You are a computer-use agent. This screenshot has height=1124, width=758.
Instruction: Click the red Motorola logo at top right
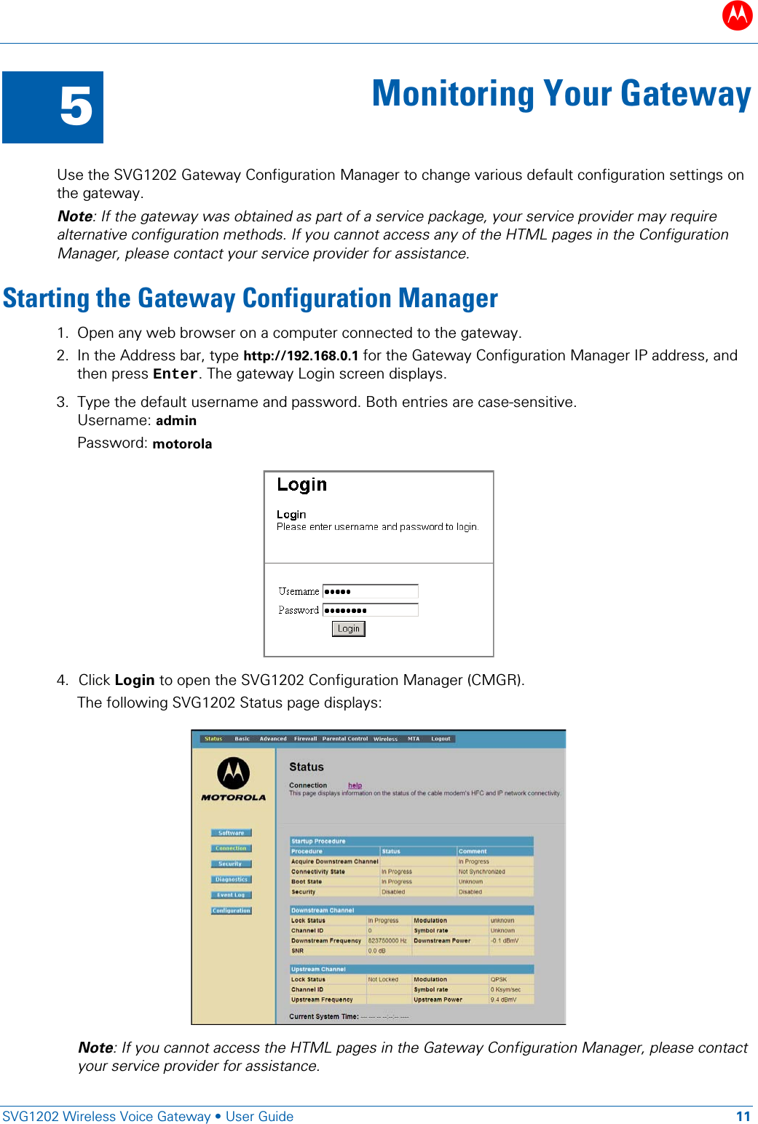[737, 15]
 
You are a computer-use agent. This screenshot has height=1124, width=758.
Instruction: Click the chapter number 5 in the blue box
[76, 107]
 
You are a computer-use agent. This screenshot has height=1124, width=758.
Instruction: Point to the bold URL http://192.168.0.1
[300, 356]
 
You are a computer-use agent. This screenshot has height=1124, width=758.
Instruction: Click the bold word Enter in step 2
[175, 374]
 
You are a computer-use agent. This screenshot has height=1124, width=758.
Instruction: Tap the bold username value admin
[176, 421]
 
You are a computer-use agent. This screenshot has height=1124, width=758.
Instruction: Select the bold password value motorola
[182, 444]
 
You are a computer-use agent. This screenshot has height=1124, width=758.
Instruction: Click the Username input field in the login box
[370, 591]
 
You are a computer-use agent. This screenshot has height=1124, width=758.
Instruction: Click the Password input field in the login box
[370, 610]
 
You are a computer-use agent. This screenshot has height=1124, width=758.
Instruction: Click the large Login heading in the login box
[301, 485]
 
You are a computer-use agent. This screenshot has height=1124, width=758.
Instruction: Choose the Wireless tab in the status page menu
[385, 739]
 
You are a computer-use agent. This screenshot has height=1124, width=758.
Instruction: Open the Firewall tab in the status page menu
[305, 739]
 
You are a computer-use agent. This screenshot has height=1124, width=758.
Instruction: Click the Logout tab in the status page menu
[441, 739]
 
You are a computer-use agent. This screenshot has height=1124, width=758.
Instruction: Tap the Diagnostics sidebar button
[232, 879]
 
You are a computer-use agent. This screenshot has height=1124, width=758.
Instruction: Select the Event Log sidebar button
[232, 895]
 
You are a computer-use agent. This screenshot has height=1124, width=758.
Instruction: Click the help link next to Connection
[355, 785]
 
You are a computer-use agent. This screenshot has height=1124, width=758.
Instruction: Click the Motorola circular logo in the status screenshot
[233, 773]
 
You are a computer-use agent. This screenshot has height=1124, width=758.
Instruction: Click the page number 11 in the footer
[743, 1117]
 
